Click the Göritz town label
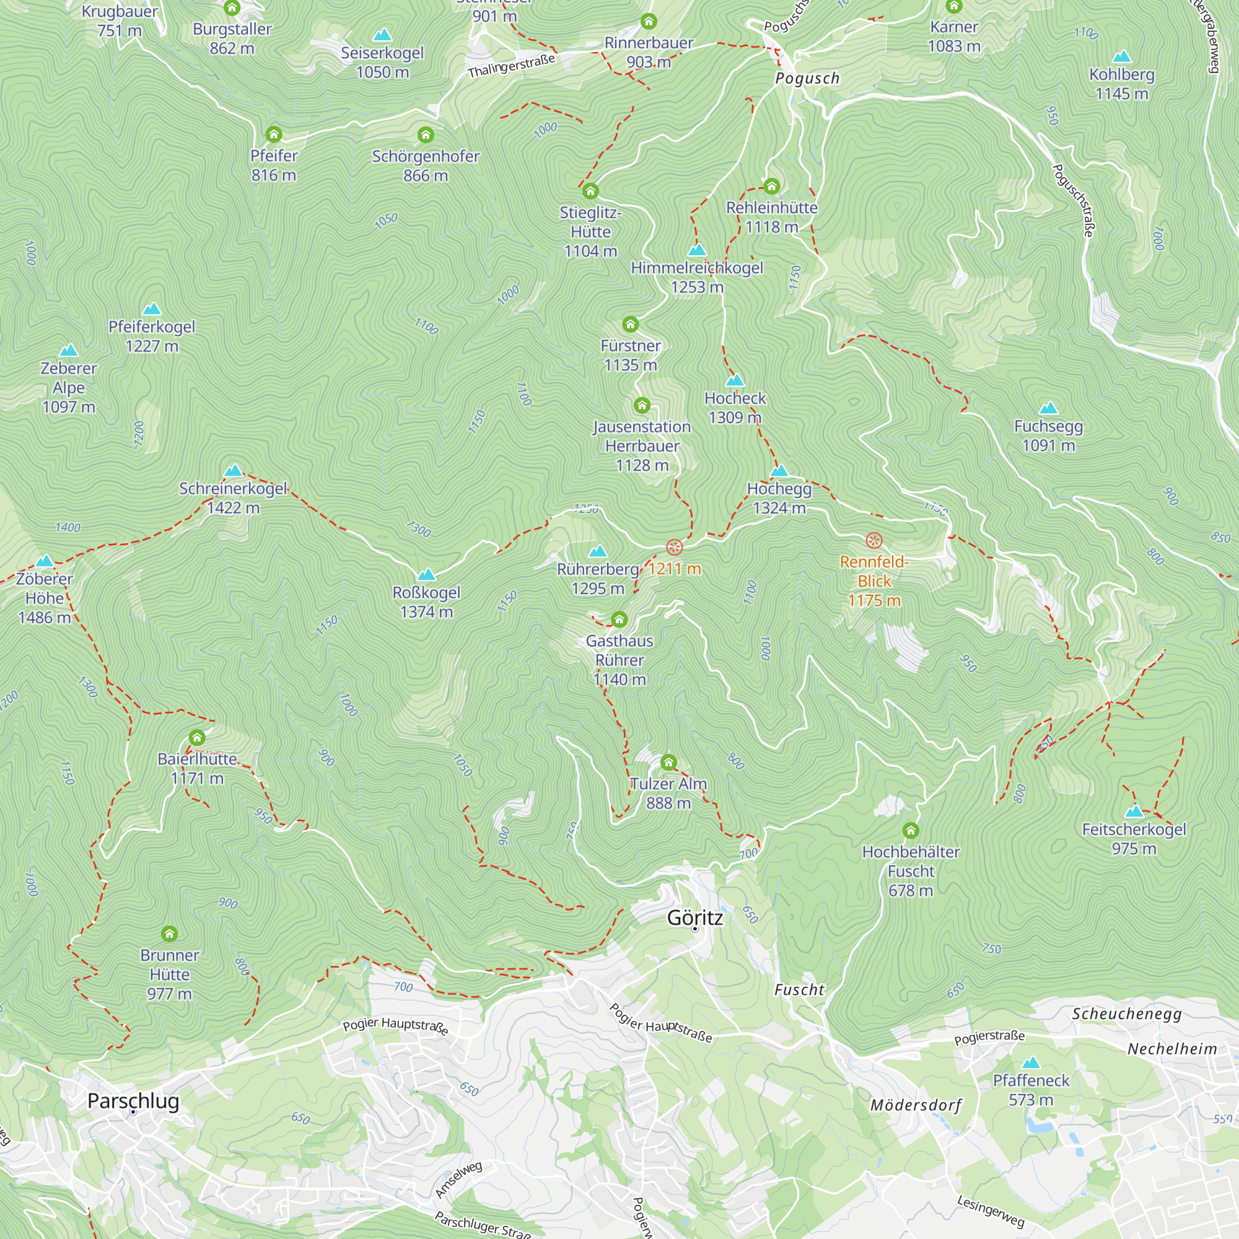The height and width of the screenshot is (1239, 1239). pos(694,917)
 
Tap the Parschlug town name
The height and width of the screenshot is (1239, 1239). pos(133,1101)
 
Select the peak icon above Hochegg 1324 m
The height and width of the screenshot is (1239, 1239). pos(779,471)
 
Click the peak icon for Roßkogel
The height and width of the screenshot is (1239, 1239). pos(426,575)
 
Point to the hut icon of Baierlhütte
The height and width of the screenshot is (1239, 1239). pos(197,737)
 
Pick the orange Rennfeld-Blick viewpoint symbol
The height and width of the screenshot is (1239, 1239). pos(874,540)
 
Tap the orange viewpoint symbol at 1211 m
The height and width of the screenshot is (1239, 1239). pos(674,547)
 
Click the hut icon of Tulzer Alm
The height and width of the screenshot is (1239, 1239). pos(668,763)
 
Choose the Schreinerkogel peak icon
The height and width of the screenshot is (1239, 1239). pos(233,471)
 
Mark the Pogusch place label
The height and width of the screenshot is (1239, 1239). pos(807,78)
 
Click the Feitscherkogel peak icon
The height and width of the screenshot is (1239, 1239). pos(1134,812)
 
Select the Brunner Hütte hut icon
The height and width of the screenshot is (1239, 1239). pos(169,934)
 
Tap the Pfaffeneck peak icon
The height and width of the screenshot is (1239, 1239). pos(1031,1062)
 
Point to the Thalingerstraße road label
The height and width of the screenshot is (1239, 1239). pos(510,67)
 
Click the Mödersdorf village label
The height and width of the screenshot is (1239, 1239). pos(916,1105)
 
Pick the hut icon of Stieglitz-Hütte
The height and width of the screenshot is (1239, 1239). pos(590,191)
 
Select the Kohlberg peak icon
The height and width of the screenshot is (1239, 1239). pos(1122,56)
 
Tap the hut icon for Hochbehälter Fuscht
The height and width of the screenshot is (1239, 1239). pos(911,831)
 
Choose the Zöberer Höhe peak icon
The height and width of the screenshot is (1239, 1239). pos(44,561)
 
